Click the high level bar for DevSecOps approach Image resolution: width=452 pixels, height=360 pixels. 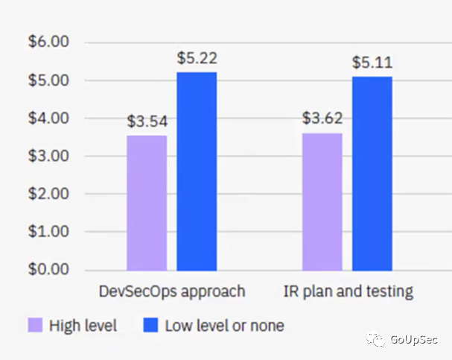(147, 203)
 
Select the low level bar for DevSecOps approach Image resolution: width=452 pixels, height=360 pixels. (197, 171)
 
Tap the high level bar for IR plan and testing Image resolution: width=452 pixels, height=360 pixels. (322, 201)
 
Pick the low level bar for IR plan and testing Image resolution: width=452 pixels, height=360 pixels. (372, 173)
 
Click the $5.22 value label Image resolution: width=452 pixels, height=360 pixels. (197, 57)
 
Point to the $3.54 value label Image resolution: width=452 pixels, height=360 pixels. (146, 121)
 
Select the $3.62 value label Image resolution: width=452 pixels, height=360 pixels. (322, 118)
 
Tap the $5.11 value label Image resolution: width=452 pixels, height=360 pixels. (372, 62)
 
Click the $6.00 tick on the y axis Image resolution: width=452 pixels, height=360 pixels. (48, 42)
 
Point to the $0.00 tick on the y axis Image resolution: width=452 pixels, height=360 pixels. (48, 269)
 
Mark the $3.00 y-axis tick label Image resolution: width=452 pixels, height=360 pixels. (48, 156)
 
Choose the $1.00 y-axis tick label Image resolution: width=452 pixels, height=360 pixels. (48, 231)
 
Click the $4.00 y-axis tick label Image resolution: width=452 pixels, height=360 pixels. (48, 118)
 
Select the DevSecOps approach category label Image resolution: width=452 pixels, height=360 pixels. (172, 291)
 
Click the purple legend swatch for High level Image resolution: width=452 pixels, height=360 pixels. (35, 325)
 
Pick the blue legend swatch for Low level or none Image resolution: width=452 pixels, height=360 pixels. (151, 325)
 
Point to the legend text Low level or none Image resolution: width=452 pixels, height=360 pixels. (224, 326)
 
